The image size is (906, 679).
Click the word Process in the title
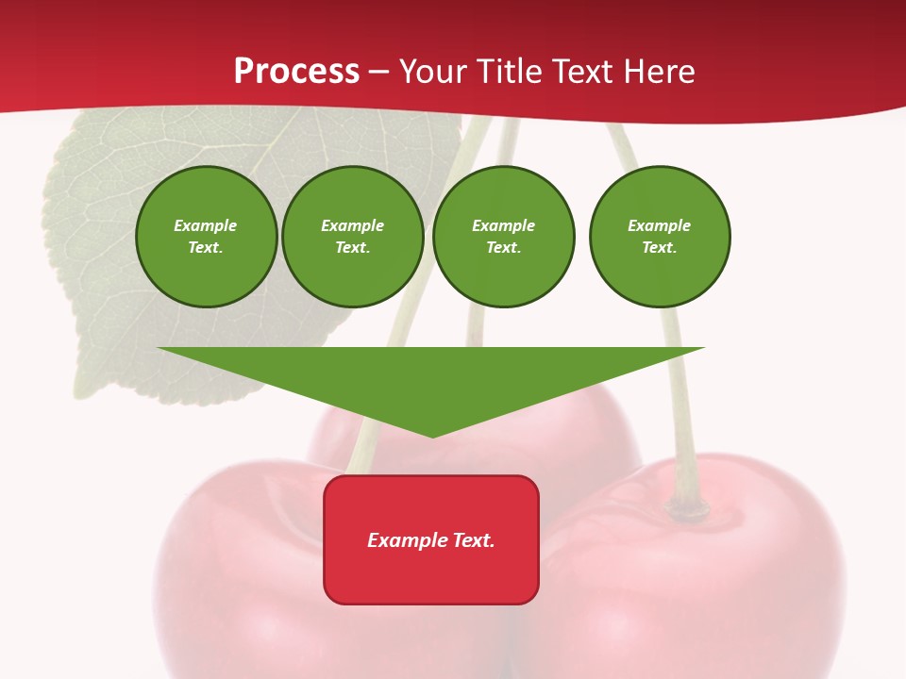(x=296, y=72)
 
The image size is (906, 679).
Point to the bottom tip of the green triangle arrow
(x=433, y=437)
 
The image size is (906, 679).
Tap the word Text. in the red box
(x=473, y=540)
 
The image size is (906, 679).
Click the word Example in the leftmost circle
(x=206, y=225)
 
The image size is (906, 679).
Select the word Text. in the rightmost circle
(x=660, y=247)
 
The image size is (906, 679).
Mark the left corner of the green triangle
(x=159, y=348)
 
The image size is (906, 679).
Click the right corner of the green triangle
(x=703, y=348)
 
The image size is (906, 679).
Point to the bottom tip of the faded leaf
(x=80, y=395)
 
